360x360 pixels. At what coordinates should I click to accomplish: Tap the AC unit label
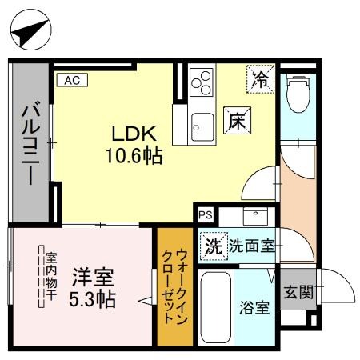tap(71, 79)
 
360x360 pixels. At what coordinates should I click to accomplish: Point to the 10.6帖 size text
tap(134, 155)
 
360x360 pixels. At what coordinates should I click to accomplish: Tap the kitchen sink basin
tap(202, 124)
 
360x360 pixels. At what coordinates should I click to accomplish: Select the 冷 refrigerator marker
tap(260, 78)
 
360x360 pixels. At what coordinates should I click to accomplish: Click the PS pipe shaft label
tap(206, 214)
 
